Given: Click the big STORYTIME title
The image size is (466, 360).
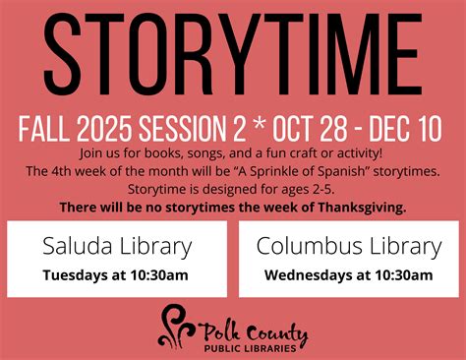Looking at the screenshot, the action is [x=233, y=54].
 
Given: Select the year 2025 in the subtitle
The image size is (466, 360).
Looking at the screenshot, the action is [x=105, y=128].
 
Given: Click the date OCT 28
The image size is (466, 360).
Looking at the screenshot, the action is [x=310, y=128].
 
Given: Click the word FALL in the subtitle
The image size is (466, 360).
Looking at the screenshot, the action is [x=44, y=128].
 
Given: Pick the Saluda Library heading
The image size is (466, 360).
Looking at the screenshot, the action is [x=117, y=247].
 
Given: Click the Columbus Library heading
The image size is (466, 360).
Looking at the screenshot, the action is [x=349, y=247].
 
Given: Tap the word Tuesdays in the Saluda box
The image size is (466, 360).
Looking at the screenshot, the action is [x=76, y=275].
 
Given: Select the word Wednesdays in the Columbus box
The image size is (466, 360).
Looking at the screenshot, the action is [x=306, y=275].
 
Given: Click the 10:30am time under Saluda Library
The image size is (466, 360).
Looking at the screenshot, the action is [x=159, y=275].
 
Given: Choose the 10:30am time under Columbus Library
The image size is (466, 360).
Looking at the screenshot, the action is [x=404, y=275].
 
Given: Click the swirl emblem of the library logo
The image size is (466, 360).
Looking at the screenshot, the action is [x=177, y=327].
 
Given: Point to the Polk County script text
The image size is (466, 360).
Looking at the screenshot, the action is [x=254, y=332].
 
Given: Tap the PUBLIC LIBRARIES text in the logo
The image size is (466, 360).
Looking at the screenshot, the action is [x=251, y=348].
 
